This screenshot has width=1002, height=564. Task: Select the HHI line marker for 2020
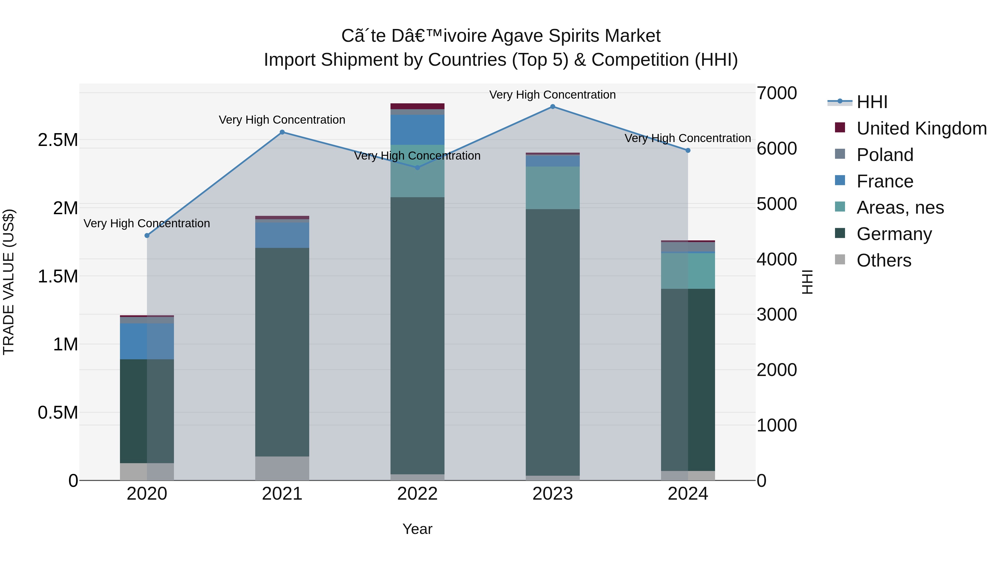(147, 235)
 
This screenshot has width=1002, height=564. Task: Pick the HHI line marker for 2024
(688, 150)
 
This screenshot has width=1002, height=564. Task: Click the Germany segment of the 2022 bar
(417, 335)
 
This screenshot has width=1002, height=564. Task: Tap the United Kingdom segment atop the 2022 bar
(417, 106)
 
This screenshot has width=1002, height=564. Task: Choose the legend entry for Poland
(885, 155)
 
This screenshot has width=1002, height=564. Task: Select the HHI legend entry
(872, 102)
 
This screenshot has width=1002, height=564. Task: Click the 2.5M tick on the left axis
(58, 140)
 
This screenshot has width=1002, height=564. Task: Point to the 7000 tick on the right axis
(776, 93)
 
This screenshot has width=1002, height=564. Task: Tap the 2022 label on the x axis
(417, 494)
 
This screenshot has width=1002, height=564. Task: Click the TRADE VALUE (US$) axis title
(9, 282)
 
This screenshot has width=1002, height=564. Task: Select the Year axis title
(417, 529)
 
